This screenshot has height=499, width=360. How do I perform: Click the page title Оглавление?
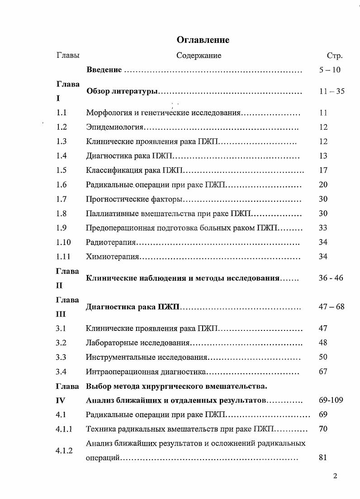[x=203, y=40]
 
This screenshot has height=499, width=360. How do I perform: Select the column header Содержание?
[x=199, y=56]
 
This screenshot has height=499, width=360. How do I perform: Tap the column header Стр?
[x=334, y=56]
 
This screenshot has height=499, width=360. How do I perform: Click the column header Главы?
[x=68, y=56]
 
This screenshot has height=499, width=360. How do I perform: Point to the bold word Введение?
[x=104, y=70]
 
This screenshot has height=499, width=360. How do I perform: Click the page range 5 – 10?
[x=329, y=70]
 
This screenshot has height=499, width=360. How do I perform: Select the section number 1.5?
[x=62, y=170]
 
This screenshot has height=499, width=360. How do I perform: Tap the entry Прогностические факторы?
[x=134, y=199]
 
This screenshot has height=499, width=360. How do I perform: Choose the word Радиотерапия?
[x=111, y=242]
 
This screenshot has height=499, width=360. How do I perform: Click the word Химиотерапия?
[x=112, y=257]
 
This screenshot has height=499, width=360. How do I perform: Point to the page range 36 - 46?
[x=331, y=278]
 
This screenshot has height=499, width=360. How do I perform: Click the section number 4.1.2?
[x=64, y=450]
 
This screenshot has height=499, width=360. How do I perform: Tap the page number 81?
[x=322, y=457]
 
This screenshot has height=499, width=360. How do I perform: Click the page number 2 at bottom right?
[x=335, y=476]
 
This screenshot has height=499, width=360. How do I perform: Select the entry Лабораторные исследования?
[x=137, y=343]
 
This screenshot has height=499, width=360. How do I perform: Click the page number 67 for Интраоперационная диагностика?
[x=323, y=372]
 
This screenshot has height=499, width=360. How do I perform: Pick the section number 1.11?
[x=63, y=257]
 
